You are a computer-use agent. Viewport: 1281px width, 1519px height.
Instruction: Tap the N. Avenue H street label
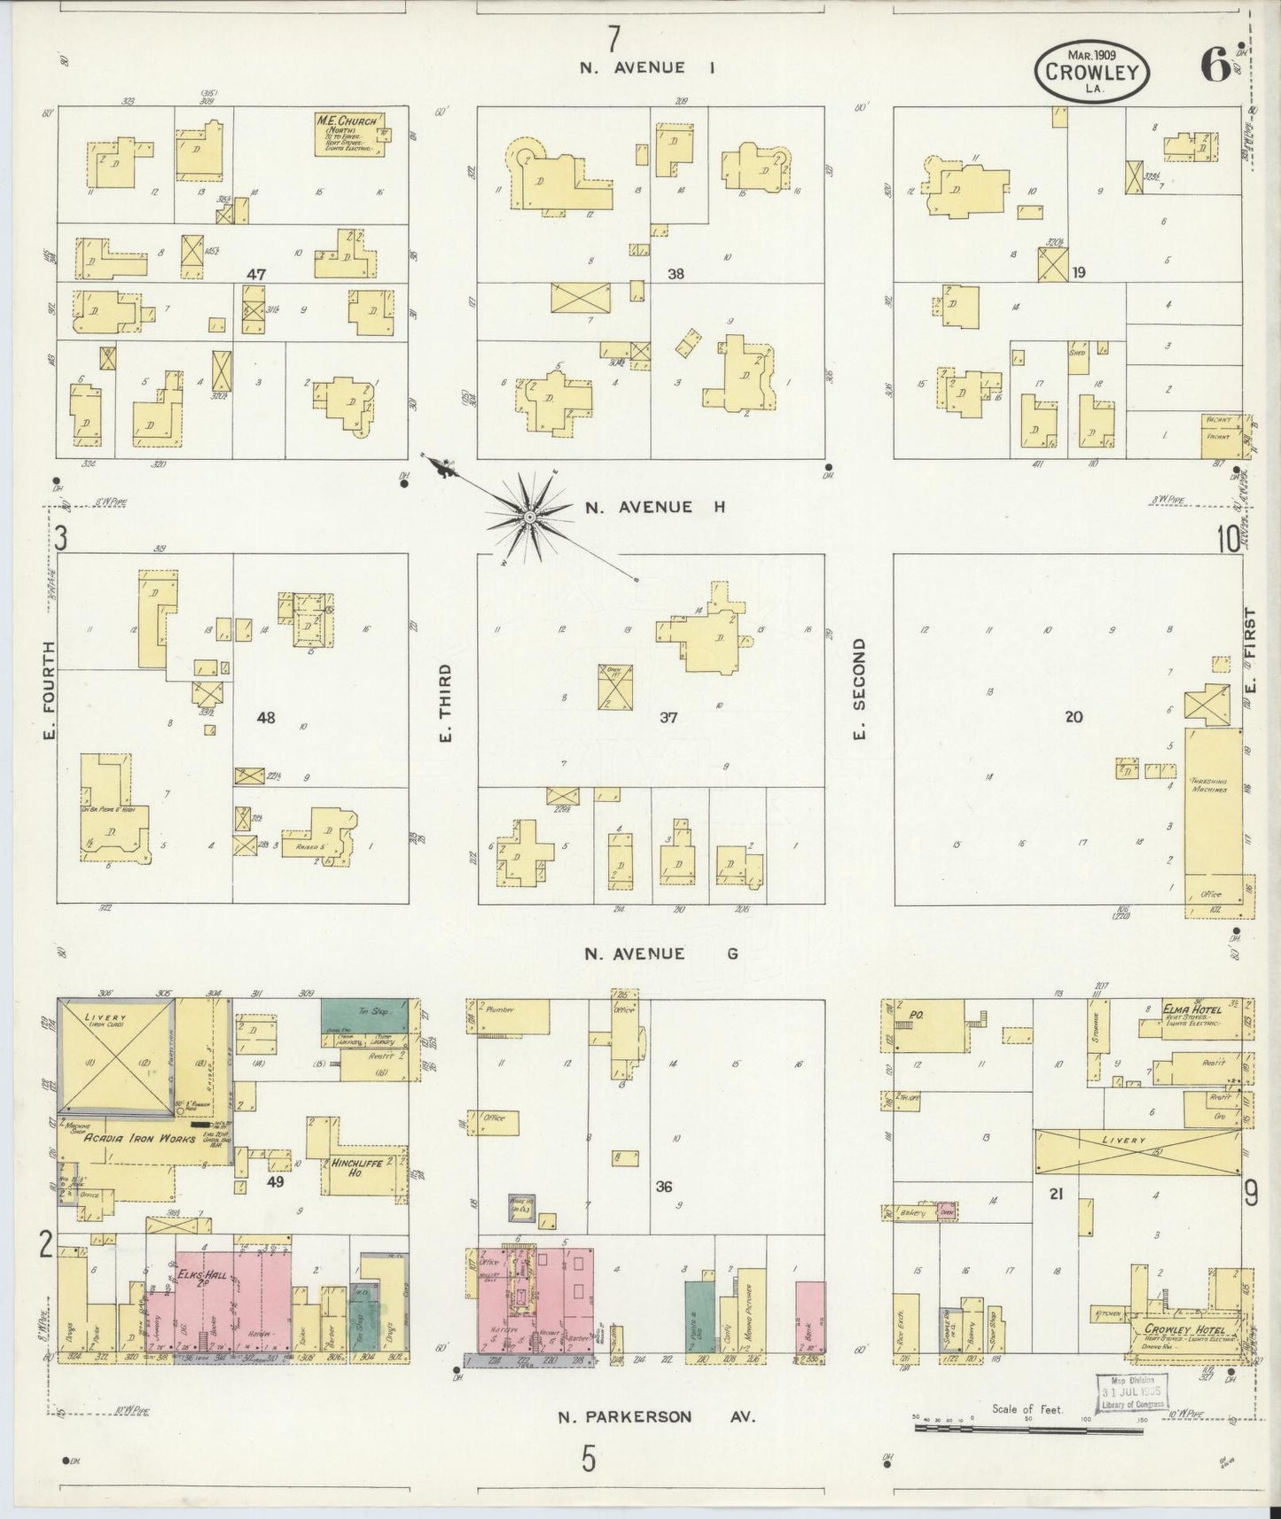coord(654,507)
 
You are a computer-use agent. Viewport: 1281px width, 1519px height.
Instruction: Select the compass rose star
coord(529,517)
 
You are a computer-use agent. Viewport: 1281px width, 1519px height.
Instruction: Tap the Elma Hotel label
coord(1194,1009)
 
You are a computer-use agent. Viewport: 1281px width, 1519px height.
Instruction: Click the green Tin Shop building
coord(363,1015)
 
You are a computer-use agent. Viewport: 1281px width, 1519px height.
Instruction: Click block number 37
coord(668,718)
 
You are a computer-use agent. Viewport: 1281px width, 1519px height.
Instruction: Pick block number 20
coord(1074,717)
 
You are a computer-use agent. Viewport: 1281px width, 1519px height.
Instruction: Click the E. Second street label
coord(859,688)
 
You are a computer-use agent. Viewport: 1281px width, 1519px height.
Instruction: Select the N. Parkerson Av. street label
coord(655,1417)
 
